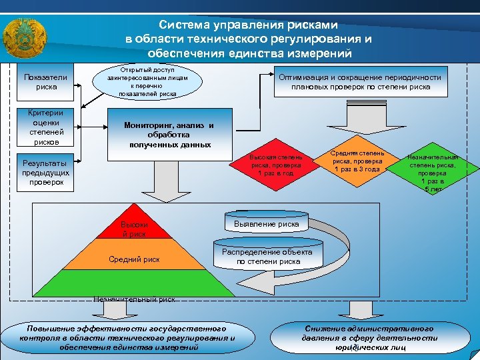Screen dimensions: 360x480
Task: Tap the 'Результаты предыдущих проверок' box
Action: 45,172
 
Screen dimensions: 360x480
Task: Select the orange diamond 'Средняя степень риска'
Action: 357,161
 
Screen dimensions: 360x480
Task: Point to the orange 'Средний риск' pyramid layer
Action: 133,258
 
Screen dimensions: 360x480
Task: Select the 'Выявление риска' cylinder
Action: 267,225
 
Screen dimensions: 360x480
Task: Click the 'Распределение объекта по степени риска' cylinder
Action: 267,257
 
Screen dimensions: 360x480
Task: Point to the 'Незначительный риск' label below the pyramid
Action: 134,300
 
